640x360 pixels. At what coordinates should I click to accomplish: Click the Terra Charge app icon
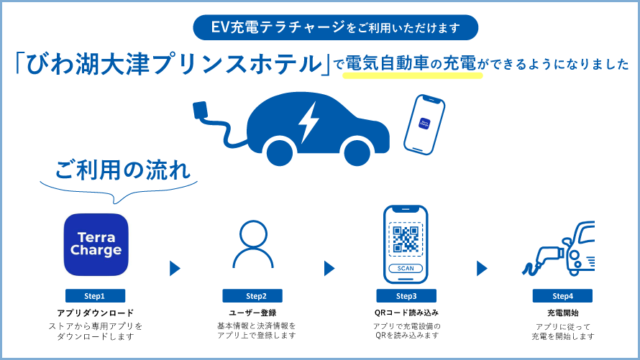click(x=96, y=245)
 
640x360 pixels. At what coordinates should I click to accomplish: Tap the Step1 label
click(x=95, y=296)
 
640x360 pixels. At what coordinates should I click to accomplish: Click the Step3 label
click(x=406, y=296)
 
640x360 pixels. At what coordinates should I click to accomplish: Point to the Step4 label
click(x=562, y=296)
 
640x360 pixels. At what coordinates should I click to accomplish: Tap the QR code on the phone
click(x=406, y=237)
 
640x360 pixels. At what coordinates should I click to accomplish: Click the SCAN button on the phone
click(x=406, y=269)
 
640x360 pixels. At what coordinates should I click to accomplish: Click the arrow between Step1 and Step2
click(x=174, y=269)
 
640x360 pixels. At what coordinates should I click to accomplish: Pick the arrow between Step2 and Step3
click(x=329, y=269)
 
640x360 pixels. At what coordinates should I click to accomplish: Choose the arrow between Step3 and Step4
click(x=483, y=269)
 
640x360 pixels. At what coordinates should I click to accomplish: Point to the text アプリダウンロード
click(x=95, y=313)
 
